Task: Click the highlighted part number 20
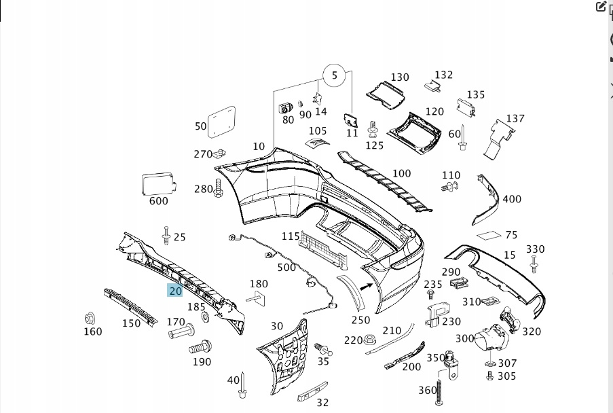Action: click(175, 291)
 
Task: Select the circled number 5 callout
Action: click(334, 75)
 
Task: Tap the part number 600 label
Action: click(158, 200)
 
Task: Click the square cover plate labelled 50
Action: click(221, 122)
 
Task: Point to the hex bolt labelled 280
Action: click(218, 188)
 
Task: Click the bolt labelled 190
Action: click(198, 348)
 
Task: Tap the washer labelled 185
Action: click(205, 317)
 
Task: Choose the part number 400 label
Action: click(512, 199)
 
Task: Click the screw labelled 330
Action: click(534, 264)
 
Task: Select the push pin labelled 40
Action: click(242, 386)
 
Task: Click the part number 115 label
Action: click(291, 236)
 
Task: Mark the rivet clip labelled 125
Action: click(372, 130)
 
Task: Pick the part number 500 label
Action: click(286, 268)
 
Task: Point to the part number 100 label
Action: click(401, 173)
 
